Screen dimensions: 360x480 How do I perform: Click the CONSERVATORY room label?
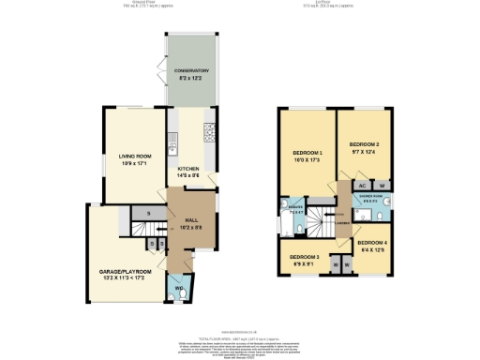coord(190,70)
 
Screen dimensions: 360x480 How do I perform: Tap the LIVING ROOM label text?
coord(134,156)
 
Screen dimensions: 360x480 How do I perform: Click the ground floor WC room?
coord(179,289)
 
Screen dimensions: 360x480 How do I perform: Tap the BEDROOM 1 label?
coord(307,153)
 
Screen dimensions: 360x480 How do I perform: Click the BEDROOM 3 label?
coord(304,257)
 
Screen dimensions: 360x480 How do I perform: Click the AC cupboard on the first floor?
coord(362,187)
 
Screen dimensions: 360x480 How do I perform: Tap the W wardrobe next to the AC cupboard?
coord(382,187)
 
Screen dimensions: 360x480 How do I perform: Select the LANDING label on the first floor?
coord(343,223)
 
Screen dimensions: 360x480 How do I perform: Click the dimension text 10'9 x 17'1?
coord(134,162)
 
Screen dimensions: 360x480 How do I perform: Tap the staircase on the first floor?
coord(320,223)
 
